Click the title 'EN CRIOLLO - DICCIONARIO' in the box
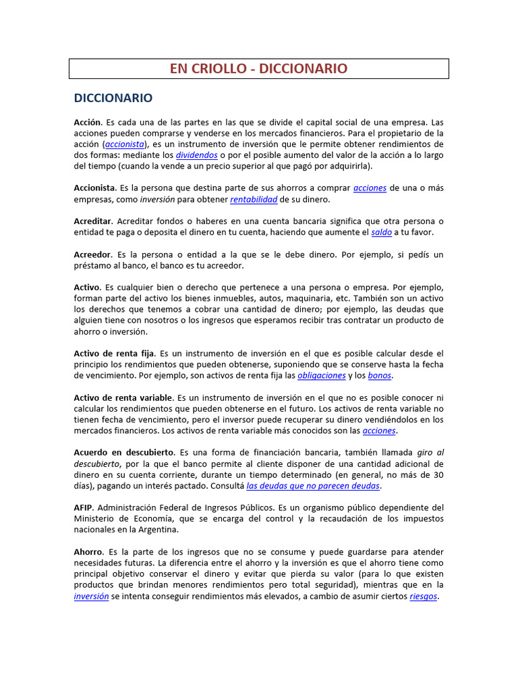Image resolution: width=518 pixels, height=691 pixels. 258,69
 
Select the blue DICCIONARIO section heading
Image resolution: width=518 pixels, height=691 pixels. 113,98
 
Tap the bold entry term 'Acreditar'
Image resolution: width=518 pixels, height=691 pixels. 93,221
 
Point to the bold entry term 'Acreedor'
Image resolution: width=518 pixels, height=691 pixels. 92,254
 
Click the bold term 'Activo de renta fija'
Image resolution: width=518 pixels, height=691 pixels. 114,354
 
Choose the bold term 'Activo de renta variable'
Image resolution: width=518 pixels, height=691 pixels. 123,397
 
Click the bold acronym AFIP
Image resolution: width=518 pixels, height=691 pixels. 83,507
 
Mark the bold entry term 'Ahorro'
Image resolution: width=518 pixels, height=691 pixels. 88,551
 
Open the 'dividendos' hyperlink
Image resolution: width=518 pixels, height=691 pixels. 196,155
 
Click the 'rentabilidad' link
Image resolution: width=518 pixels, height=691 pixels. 254,200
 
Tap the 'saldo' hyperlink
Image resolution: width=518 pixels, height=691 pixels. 381,232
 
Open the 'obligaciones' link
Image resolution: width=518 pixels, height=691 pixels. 321,375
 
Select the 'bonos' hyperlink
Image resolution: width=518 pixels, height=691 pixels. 379,375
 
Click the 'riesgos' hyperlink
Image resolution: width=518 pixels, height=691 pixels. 424,597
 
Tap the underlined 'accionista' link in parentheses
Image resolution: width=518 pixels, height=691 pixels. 123,144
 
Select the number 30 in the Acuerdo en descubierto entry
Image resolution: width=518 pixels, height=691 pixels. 438,474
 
